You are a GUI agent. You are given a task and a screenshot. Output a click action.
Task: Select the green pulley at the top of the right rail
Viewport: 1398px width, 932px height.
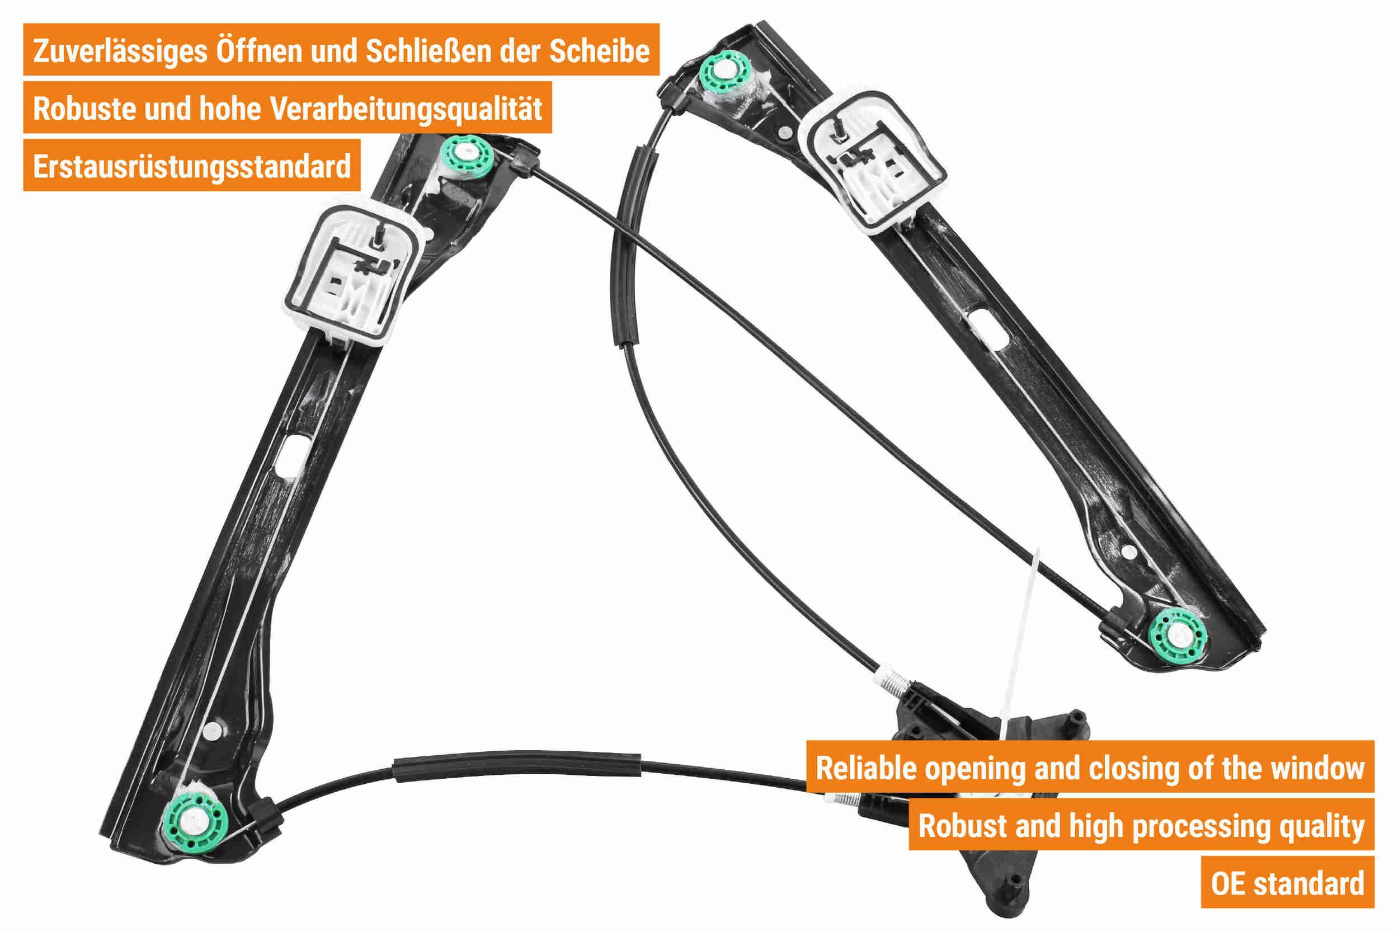pos(726,72)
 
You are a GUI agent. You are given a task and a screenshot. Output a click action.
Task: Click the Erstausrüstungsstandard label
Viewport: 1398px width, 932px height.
pos(191,166)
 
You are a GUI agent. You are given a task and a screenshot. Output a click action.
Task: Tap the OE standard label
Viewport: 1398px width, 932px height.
pos(1287,883)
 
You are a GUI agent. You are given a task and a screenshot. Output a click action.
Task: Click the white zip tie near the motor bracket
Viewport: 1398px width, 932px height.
pos(1020,645)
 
